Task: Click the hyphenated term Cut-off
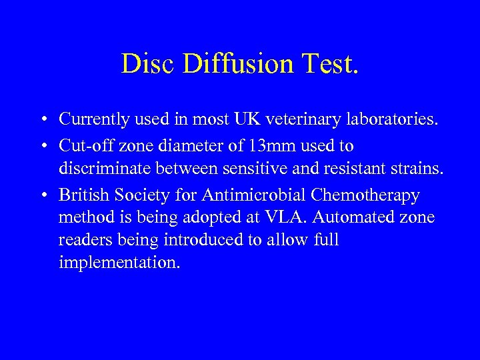(83, 145)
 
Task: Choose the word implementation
(119, 263)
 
